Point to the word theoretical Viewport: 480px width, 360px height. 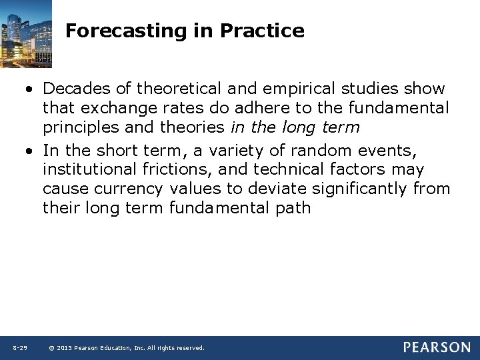coord(177,89)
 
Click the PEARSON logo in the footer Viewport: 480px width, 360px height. coord(436,347)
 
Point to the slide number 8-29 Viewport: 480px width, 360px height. coord(19,348)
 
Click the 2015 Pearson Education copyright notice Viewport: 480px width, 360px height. coord(127,348)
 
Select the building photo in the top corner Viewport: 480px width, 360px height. coord(27,32)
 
